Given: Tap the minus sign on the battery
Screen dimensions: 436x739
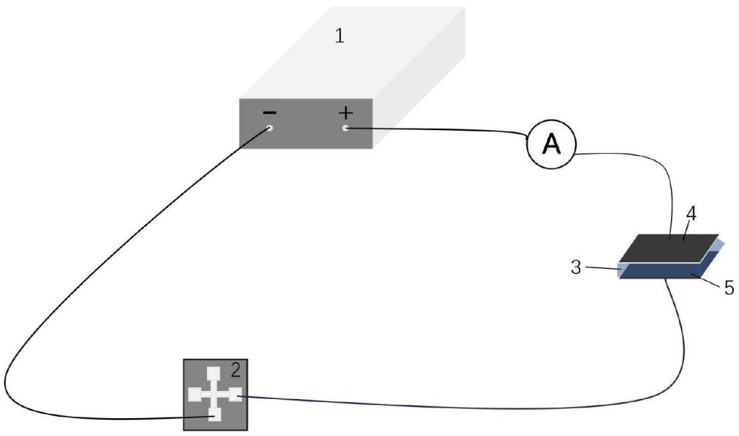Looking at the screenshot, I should (270, 113).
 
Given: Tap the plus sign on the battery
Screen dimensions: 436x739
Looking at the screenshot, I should (346, 112).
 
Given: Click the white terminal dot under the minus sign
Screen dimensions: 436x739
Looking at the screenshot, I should (270, 128).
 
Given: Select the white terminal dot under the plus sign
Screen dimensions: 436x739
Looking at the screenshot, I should (346, 129).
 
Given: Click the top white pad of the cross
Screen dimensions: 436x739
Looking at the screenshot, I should (214, 372).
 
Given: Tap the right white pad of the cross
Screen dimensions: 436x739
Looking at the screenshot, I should (234, 395).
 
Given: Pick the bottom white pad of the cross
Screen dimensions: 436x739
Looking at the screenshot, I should (214, 416).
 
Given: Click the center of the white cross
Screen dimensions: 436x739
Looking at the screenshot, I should (214, 395).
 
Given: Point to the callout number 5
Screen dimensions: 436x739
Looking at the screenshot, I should (729, 287).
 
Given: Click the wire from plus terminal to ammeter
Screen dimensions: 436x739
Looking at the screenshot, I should (443, 130).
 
